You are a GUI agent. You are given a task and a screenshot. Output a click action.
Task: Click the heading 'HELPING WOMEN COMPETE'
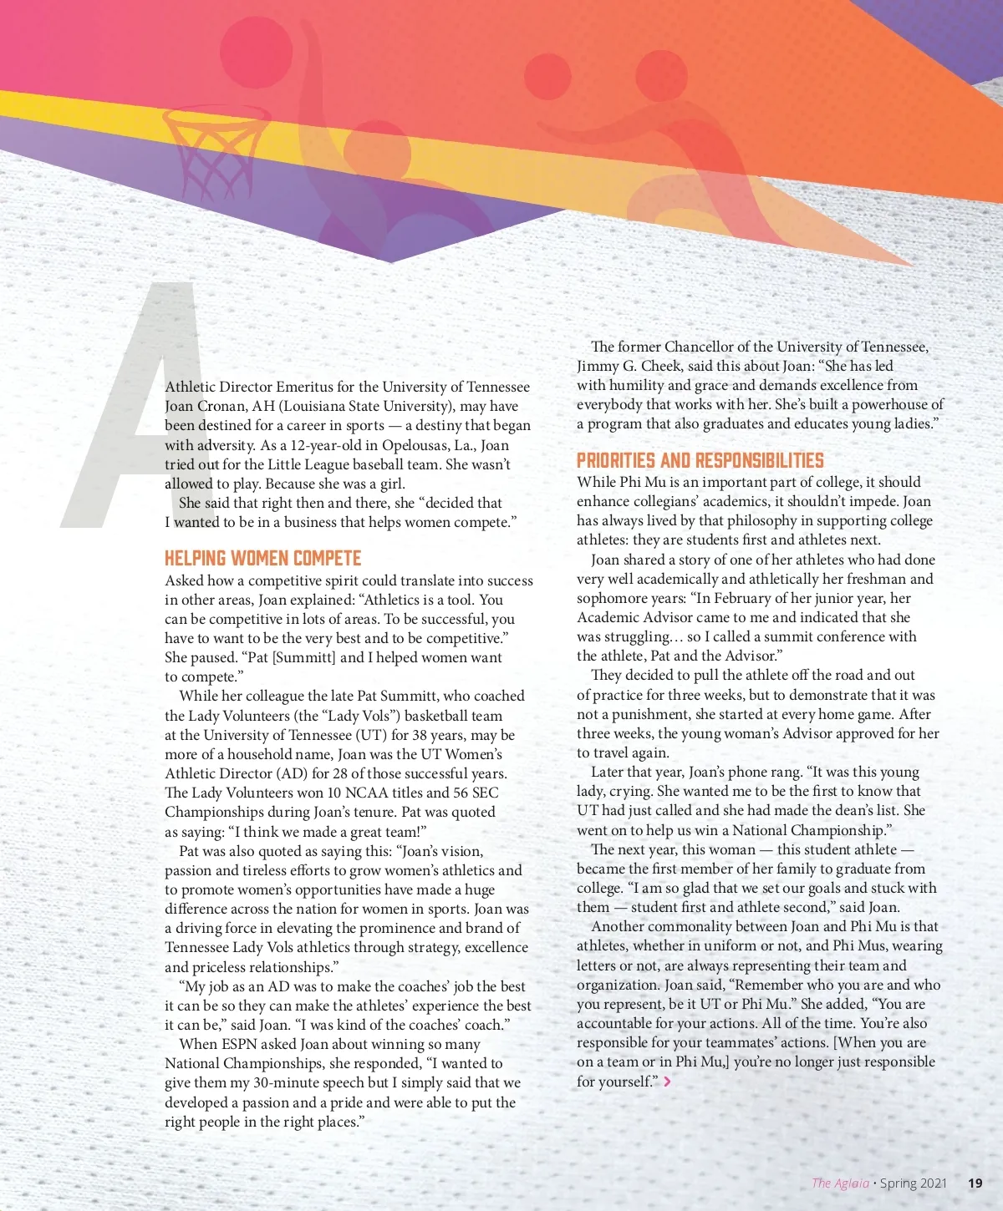262,559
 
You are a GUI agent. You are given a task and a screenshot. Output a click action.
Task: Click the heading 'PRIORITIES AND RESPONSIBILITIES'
700,460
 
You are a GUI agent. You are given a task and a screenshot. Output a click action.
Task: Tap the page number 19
975,1183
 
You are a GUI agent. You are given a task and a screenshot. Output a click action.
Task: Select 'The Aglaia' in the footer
840,1183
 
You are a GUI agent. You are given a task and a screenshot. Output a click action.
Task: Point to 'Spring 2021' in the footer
914,1183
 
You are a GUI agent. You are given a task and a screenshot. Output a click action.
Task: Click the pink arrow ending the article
667,1082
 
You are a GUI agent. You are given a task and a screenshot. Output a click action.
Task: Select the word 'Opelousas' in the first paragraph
413,445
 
